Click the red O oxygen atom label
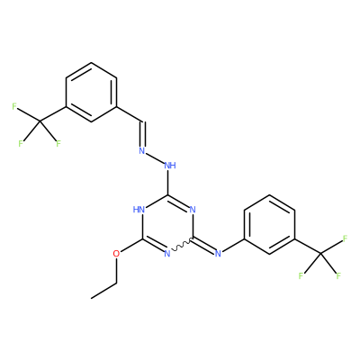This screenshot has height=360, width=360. point(116,254)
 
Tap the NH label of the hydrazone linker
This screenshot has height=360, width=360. point(170,166)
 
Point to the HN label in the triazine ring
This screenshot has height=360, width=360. point(139,209)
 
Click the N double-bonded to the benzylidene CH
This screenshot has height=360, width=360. point(142,150)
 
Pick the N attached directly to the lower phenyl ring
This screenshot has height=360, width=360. point(218,254)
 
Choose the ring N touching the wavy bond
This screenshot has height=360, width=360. point(167,254)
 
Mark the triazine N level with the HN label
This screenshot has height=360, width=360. point(193,209)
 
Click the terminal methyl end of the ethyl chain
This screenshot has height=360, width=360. point(91,298)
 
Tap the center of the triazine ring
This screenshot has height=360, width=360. point(167,224)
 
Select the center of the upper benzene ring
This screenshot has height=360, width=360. point(91,92)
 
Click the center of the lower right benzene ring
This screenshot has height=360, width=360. point(270,224)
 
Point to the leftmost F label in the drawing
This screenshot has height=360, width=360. point(13,106)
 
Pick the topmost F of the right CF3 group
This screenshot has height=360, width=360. point(345,238)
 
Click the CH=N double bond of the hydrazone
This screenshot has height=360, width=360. point(143,134)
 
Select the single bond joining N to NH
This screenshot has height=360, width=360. point(155,157)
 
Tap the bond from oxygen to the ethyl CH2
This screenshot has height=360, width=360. point(116,271)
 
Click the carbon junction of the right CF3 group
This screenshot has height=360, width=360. point(320,254)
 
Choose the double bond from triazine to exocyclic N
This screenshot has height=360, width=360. point(204,246)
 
